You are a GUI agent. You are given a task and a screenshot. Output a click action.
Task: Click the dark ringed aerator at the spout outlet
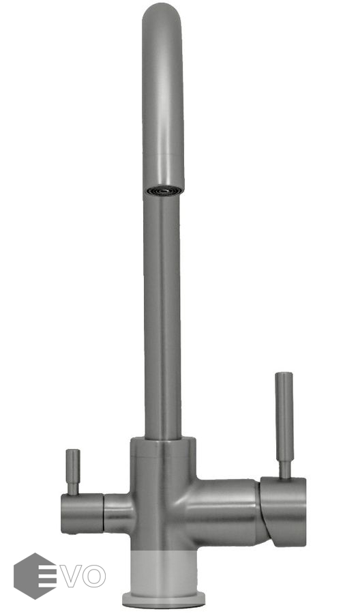pyautogui.click(x=164, y=190)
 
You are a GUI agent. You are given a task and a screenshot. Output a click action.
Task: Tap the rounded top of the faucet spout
pyautogui.click(x=162, y=16)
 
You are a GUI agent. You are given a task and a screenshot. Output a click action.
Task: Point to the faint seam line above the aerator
pyautogui.click(x=163, y=155)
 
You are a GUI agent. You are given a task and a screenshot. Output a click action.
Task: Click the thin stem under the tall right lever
pyautogui.click(x=284, y=470)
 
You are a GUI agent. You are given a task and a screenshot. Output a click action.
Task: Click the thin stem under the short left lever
pyautogui.click(x=73, y=488)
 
